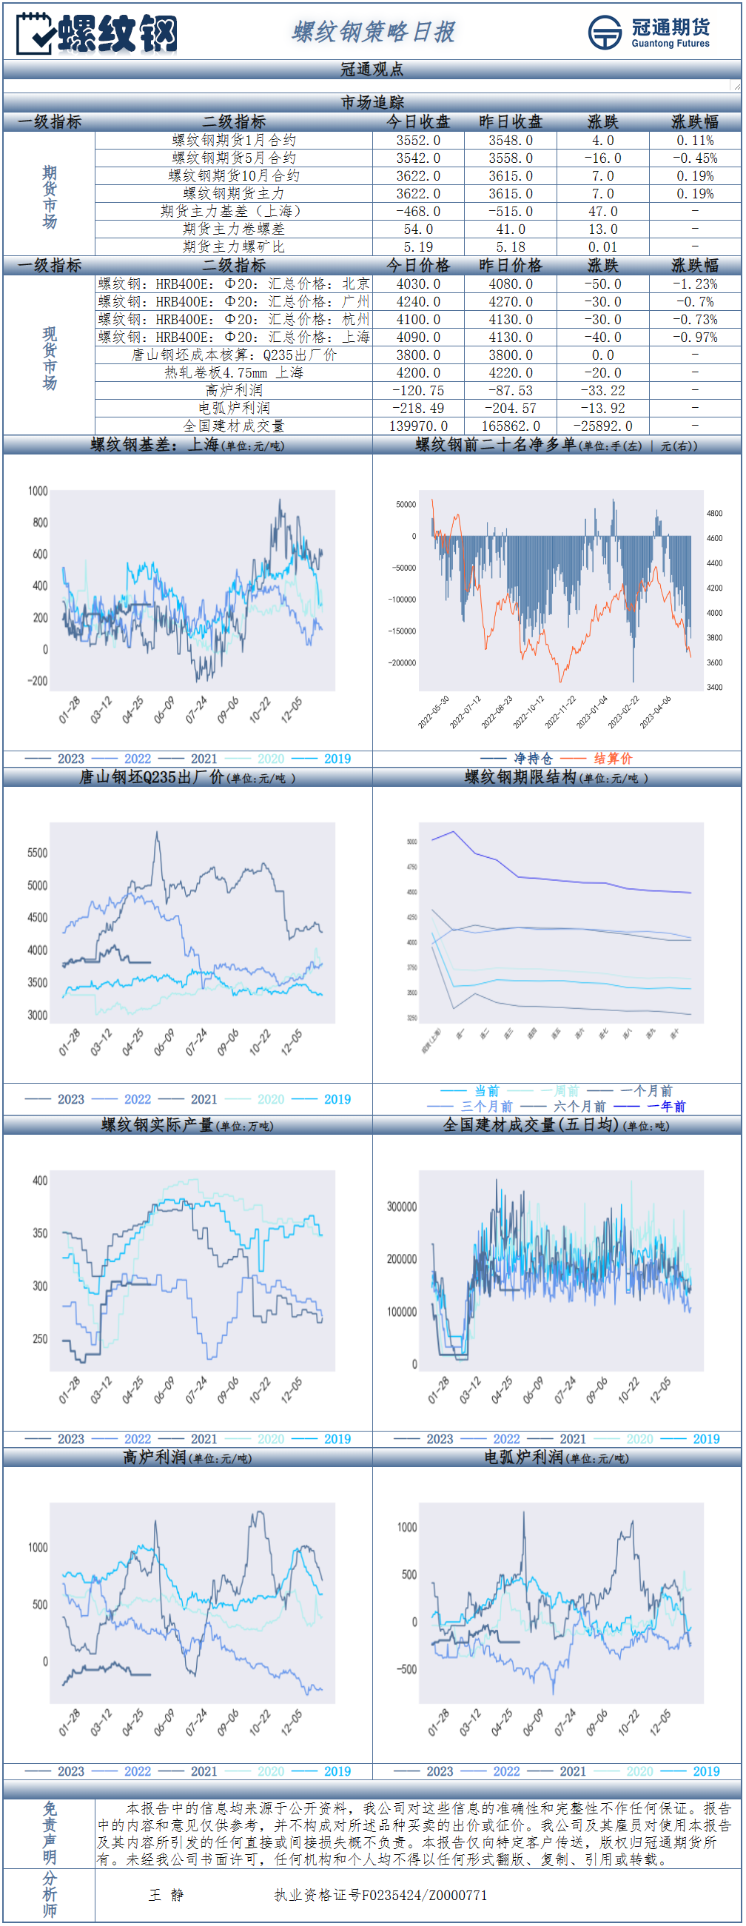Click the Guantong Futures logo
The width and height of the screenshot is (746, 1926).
(648, 32)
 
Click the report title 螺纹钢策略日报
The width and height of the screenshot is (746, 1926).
(373, 32)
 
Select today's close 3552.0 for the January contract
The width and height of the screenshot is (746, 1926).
(418, 141)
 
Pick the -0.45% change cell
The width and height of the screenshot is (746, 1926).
(694, 158)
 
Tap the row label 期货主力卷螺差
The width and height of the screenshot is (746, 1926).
(233, 229)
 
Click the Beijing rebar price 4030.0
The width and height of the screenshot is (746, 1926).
(418, 284)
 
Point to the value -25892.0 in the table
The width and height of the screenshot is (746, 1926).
(602, 426)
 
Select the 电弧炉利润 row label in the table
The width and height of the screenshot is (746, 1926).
(233, 409)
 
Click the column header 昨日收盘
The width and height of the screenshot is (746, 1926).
(511, 122)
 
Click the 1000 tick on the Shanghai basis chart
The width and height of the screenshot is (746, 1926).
(38, 491)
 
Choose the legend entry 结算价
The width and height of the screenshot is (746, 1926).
(613, 759)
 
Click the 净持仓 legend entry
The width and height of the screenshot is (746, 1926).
(533, 759)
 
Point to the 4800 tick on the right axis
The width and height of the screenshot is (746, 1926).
(715, 514)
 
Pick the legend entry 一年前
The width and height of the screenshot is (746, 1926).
(666, 1107)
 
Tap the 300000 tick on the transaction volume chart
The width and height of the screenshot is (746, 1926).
(401, 1207)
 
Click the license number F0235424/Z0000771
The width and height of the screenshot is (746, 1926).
(425, 1896)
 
